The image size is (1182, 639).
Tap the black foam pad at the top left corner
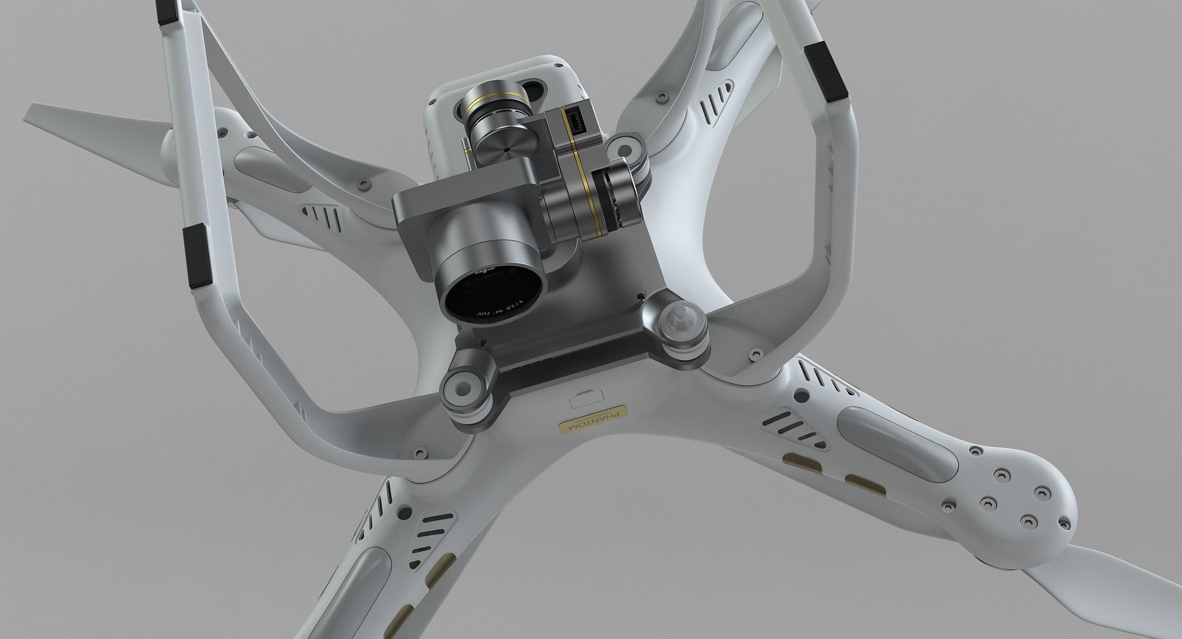coord(168,12)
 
